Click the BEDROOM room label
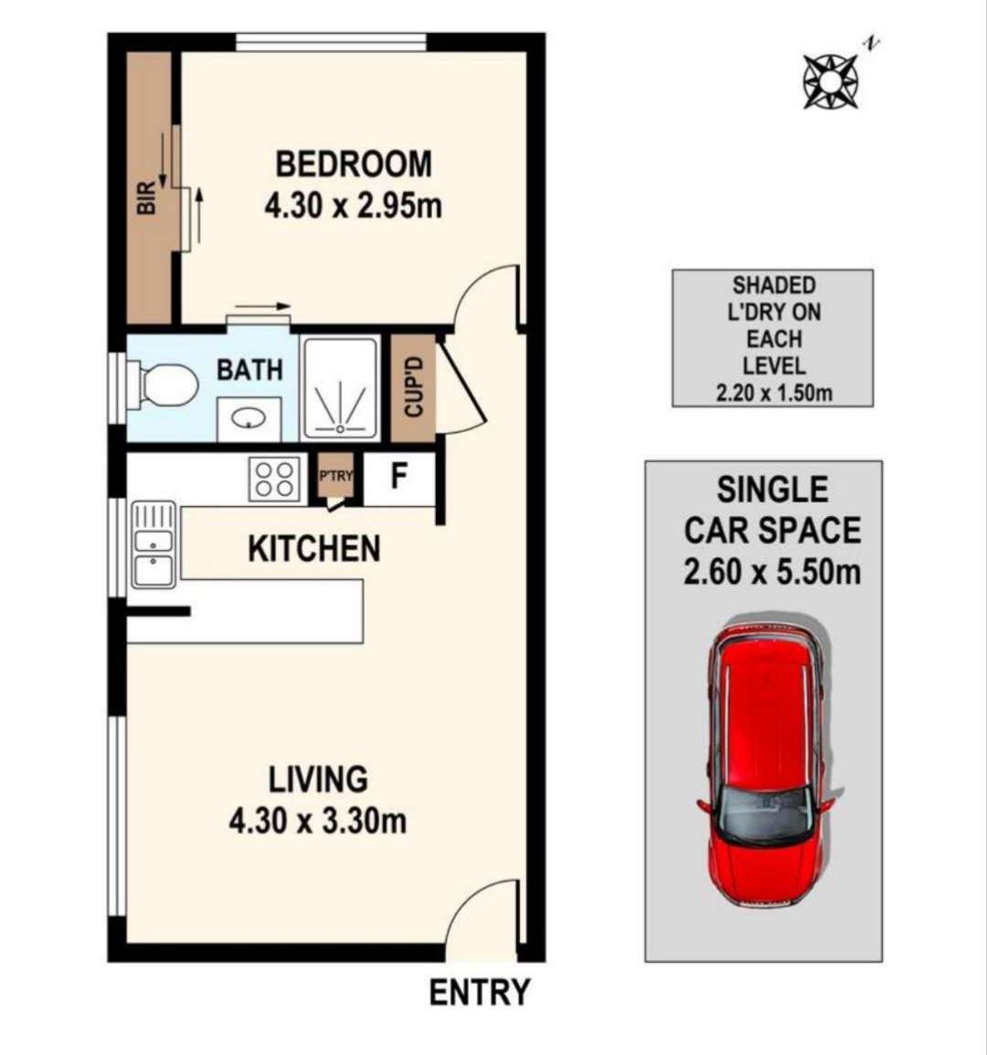354,164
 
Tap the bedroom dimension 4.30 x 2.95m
353,206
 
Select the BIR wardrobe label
146,198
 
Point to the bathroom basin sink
249,418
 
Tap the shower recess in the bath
341,389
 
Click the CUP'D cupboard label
413,387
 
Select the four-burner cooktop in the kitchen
275,479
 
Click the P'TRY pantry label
335,476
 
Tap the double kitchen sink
154,544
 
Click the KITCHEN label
313,548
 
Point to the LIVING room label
318,779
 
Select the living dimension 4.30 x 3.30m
317,821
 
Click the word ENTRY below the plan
480,992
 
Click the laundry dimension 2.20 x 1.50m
773,393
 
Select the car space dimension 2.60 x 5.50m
772,572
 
